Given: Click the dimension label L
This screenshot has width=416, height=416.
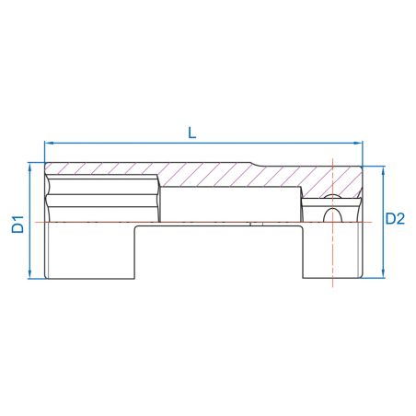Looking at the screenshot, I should pyautogui.click(x=191, y=131).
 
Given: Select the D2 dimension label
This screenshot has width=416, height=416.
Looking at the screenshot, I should pyautogui.click(x=395, y=219).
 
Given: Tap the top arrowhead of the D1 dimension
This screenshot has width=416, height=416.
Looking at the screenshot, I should pyautogui.click(x=31, y=167).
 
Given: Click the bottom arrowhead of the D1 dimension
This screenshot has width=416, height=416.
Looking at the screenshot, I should pyautogui.click(x=31, y=275).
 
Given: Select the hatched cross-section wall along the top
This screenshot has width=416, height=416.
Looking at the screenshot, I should pyautogui.click(x=184, y=172).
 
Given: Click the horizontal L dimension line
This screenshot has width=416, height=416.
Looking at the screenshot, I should pyautogui.click(x=138, y=144).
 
